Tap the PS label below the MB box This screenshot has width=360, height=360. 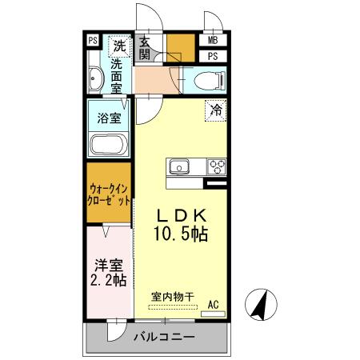[212, 56]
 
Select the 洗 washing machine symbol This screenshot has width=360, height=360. [118, 45]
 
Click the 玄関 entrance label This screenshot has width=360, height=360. [145, 48]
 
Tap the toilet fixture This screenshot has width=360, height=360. [209, 80]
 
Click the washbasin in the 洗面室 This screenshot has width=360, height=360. [97, 79]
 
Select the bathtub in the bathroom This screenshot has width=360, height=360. [107, 146]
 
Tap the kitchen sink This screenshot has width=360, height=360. [178, 167]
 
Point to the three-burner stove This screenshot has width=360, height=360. [216, 167]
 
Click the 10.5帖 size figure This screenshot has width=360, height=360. [182, 235]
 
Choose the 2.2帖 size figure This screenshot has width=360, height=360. [107, 281]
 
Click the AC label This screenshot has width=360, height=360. [213, 304]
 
